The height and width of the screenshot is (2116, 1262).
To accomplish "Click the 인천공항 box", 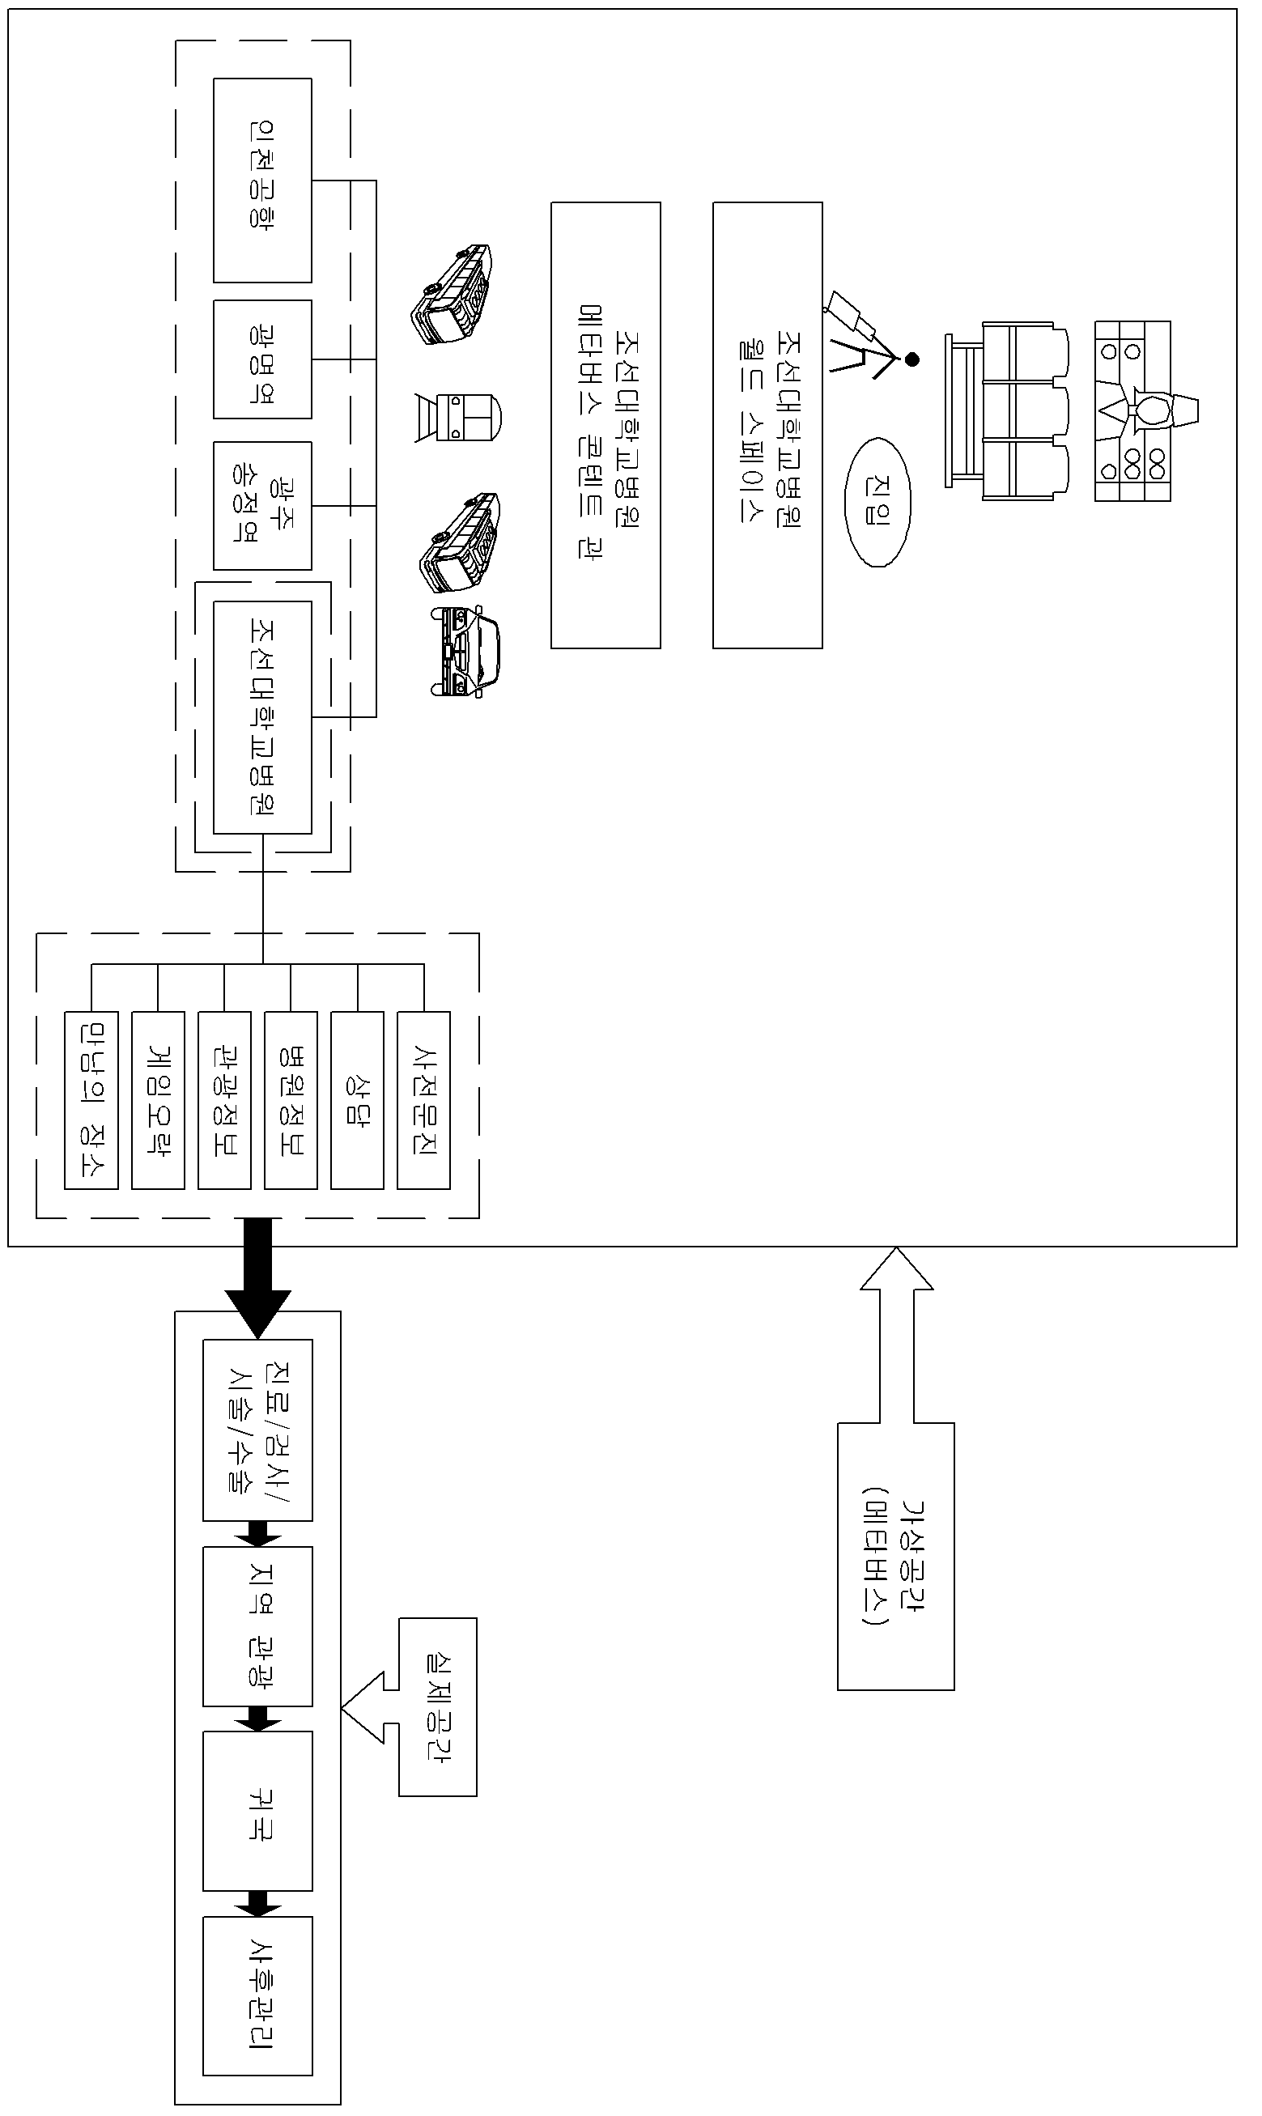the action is point(262,181).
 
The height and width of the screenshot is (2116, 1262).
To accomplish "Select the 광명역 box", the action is point(262,359).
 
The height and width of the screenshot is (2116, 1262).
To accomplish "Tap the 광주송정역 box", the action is point(262,505).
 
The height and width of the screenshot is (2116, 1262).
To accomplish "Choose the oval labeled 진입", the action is point(877,502).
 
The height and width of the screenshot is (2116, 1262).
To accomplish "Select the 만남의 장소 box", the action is point(91,1100).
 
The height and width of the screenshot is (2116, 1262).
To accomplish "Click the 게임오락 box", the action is point(158,1100).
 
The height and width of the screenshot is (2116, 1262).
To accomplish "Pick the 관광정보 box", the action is point(224,1100).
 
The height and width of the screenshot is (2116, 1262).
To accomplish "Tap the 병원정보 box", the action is point(291,1100).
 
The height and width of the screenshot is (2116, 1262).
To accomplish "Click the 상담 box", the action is point(357,1100).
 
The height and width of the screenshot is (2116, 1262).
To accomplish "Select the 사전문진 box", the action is point(423,1100).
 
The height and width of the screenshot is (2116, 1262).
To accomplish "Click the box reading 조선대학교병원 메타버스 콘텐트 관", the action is point(606,425).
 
